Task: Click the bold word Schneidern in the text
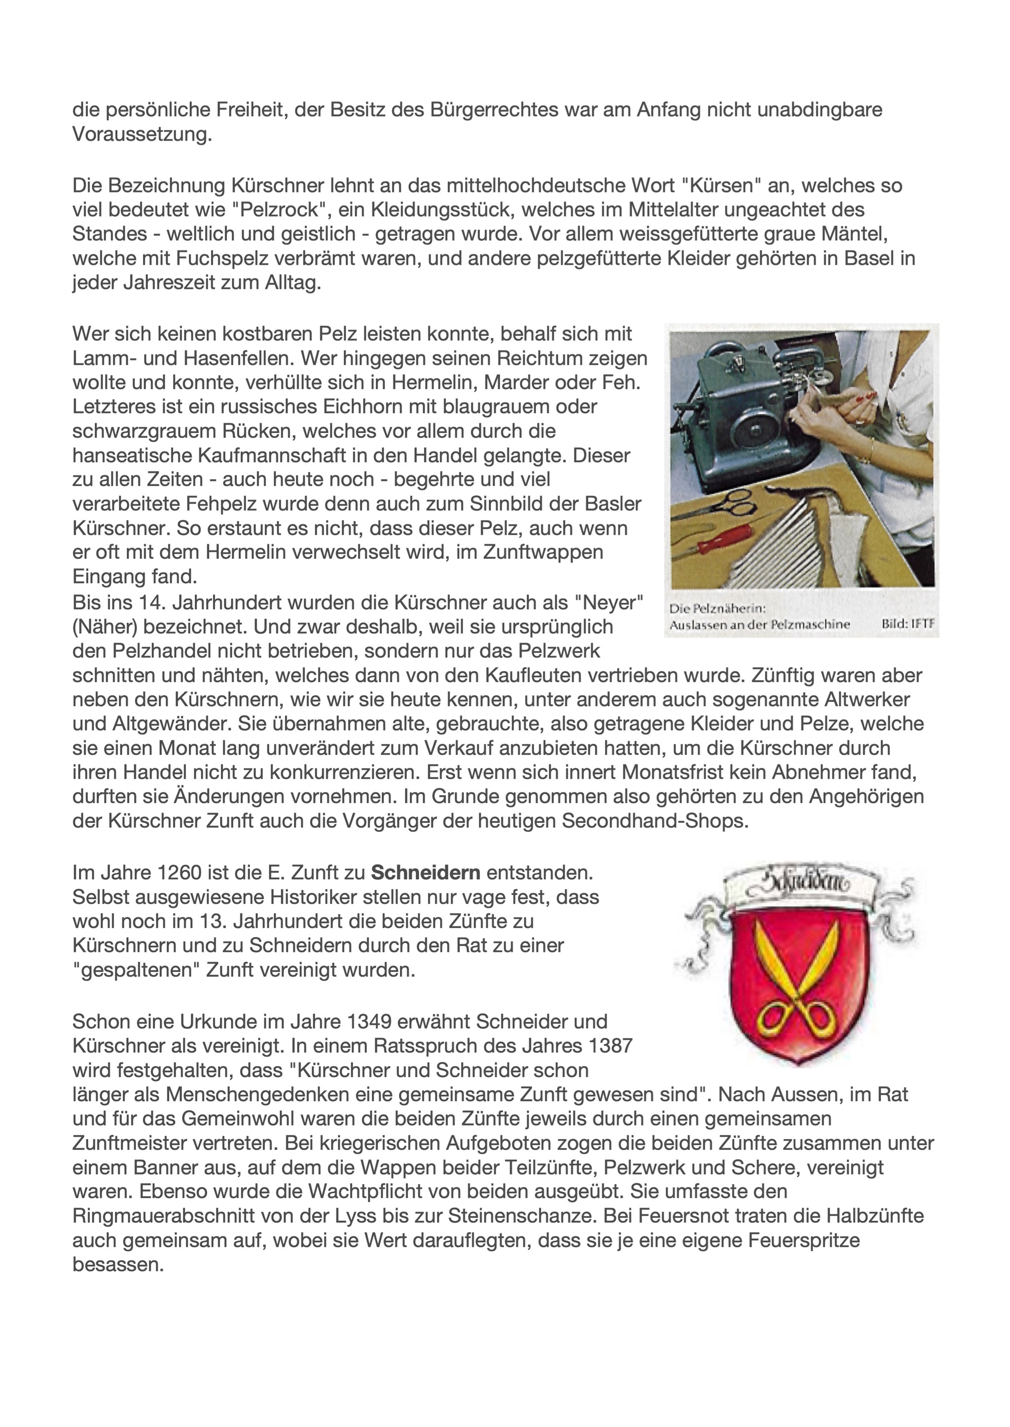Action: pyautogui.click(x=426, y=873)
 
